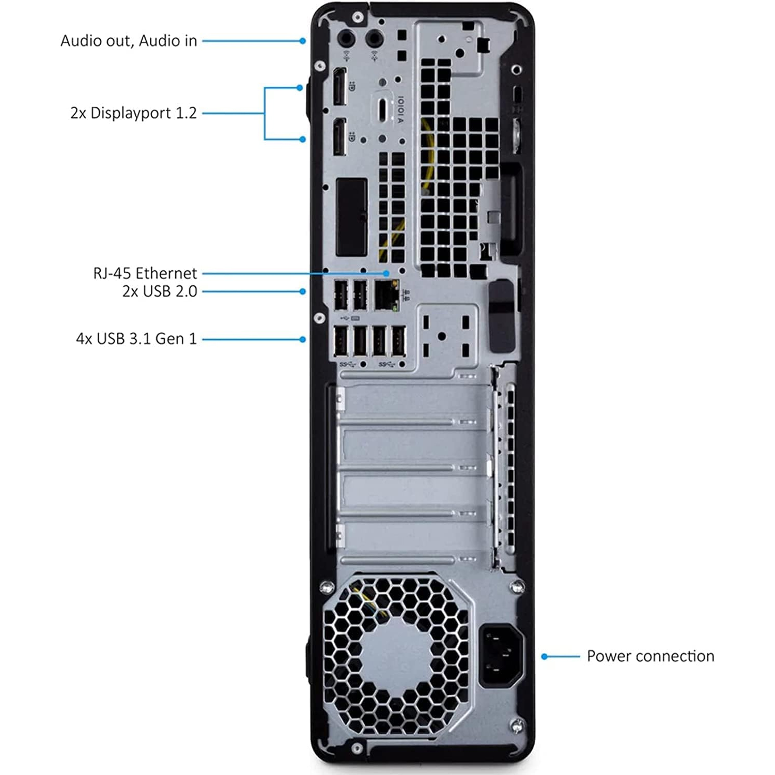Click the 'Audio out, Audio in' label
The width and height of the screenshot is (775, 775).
tap(129, 41)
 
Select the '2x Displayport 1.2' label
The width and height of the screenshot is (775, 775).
tap(133, 113)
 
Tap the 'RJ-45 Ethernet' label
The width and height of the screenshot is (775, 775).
tap(145, 273)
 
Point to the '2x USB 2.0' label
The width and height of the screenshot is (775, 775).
tap(159, 291)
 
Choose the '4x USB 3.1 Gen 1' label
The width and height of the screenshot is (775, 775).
tap(136, 339)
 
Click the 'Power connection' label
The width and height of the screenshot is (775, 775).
tap(650, 656)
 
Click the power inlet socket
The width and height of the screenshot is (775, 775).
tap(501, 655)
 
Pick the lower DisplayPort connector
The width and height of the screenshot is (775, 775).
tap(339, 136)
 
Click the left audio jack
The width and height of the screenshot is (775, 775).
tap(346, 38)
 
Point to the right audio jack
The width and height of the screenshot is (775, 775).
tap(374, 38)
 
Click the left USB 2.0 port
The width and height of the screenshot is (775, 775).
tap(340, 295)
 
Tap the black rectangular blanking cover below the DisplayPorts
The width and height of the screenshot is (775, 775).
tap(351, 217)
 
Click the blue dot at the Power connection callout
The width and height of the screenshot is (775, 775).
tap(544, 657)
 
